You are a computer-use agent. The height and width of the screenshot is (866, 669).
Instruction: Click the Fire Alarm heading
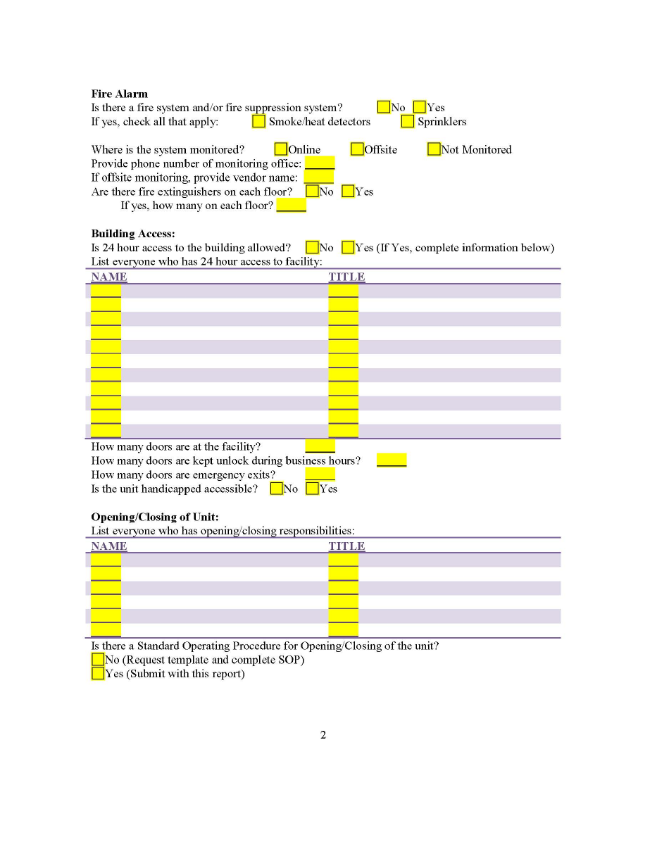119,94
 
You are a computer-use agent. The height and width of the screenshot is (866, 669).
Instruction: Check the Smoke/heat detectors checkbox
259,122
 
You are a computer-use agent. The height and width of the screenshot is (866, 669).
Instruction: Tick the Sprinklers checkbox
408,122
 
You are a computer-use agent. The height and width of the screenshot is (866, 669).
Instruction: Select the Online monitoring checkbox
281,149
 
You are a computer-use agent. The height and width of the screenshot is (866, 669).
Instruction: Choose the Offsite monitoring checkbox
357,149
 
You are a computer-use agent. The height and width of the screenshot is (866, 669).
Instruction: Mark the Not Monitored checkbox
434,149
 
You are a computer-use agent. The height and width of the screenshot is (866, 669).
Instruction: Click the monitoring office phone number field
319,163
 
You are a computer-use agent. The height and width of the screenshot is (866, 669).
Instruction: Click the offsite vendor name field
318,177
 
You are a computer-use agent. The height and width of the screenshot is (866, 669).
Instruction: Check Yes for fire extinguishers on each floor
348,192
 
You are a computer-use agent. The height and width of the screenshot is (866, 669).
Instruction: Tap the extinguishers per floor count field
291,206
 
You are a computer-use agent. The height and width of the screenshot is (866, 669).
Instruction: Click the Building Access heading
133,234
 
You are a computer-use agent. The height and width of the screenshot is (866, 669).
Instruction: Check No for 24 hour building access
312,248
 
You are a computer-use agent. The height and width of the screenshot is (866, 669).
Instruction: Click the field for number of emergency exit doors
320,475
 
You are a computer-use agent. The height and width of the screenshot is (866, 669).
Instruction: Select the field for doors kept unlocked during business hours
391,460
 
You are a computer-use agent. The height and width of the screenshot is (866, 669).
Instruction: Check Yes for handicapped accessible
313,489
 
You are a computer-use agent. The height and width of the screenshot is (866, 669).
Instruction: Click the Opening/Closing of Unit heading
155,517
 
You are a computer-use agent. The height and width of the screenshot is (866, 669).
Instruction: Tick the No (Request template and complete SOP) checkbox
98,660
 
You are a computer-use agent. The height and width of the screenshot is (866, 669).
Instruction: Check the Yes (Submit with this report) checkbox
98,674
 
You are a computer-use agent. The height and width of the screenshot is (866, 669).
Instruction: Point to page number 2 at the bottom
323,736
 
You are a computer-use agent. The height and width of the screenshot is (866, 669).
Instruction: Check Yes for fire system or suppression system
420,108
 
